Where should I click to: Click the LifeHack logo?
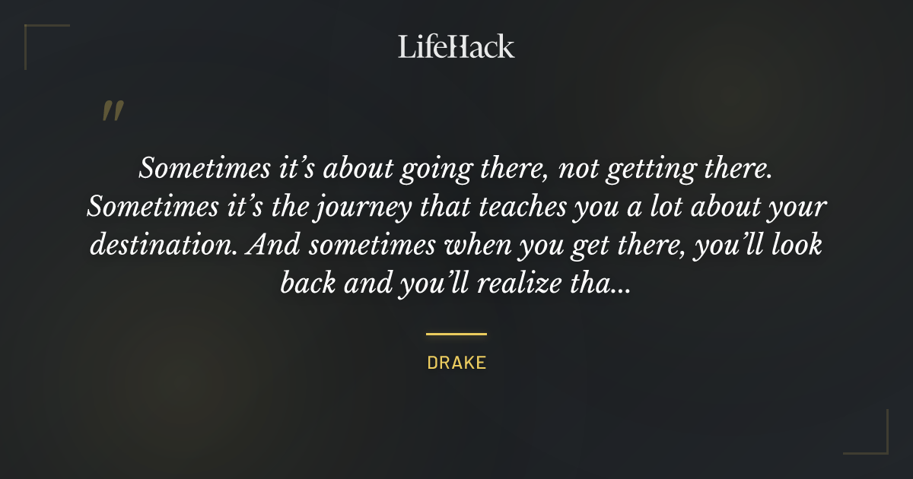pos(456,46)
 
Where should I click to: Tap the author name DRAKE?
pos(456,363)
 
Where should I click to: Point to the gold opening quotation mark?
pos(113,111)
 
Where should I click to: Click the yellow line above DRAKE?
pos(456,334)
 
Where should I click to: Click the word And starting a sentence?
pos(273,246)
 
